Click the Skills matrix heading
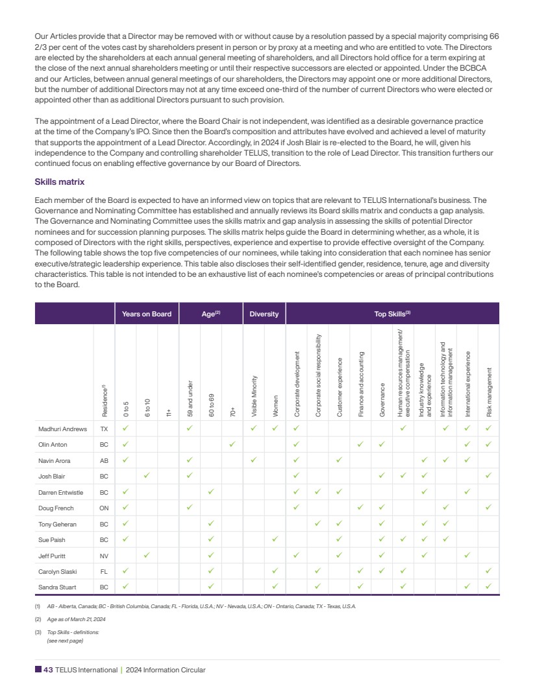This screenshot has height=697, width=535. point(59,182)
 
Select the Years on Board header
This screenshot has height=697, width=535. point(147,314)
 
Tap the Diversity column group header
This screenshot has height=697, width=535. point(264,314)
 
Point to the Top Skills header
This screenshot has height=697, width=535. point(392,314)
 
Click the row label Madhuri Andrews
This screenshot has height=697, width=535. point(63,429)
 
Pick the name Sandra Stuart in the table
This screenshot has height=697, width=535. point(59,587)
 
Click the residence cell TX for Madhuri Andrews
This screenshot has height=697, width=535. point(104,429)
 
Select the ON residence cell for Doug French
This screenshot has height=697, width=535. point(104,507)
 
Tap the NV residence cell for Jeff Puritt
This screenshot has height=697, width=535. point(104,555)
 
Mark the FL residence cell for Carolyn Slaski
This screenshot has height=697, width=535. point(104,571)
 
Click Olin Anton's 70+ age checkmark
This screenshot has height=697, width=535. point(232,444)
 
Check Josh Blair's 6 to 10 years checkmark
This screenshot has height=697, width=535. point(147,475)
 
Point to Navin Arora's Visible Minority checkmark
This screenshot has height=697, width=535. point(254,460)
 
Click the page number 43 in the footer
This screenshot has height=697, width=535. point(48,670)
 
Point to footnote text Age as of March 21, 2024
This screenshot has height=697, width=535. point(76,620)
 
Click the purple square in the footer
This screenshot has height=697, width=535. point(38,670)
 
